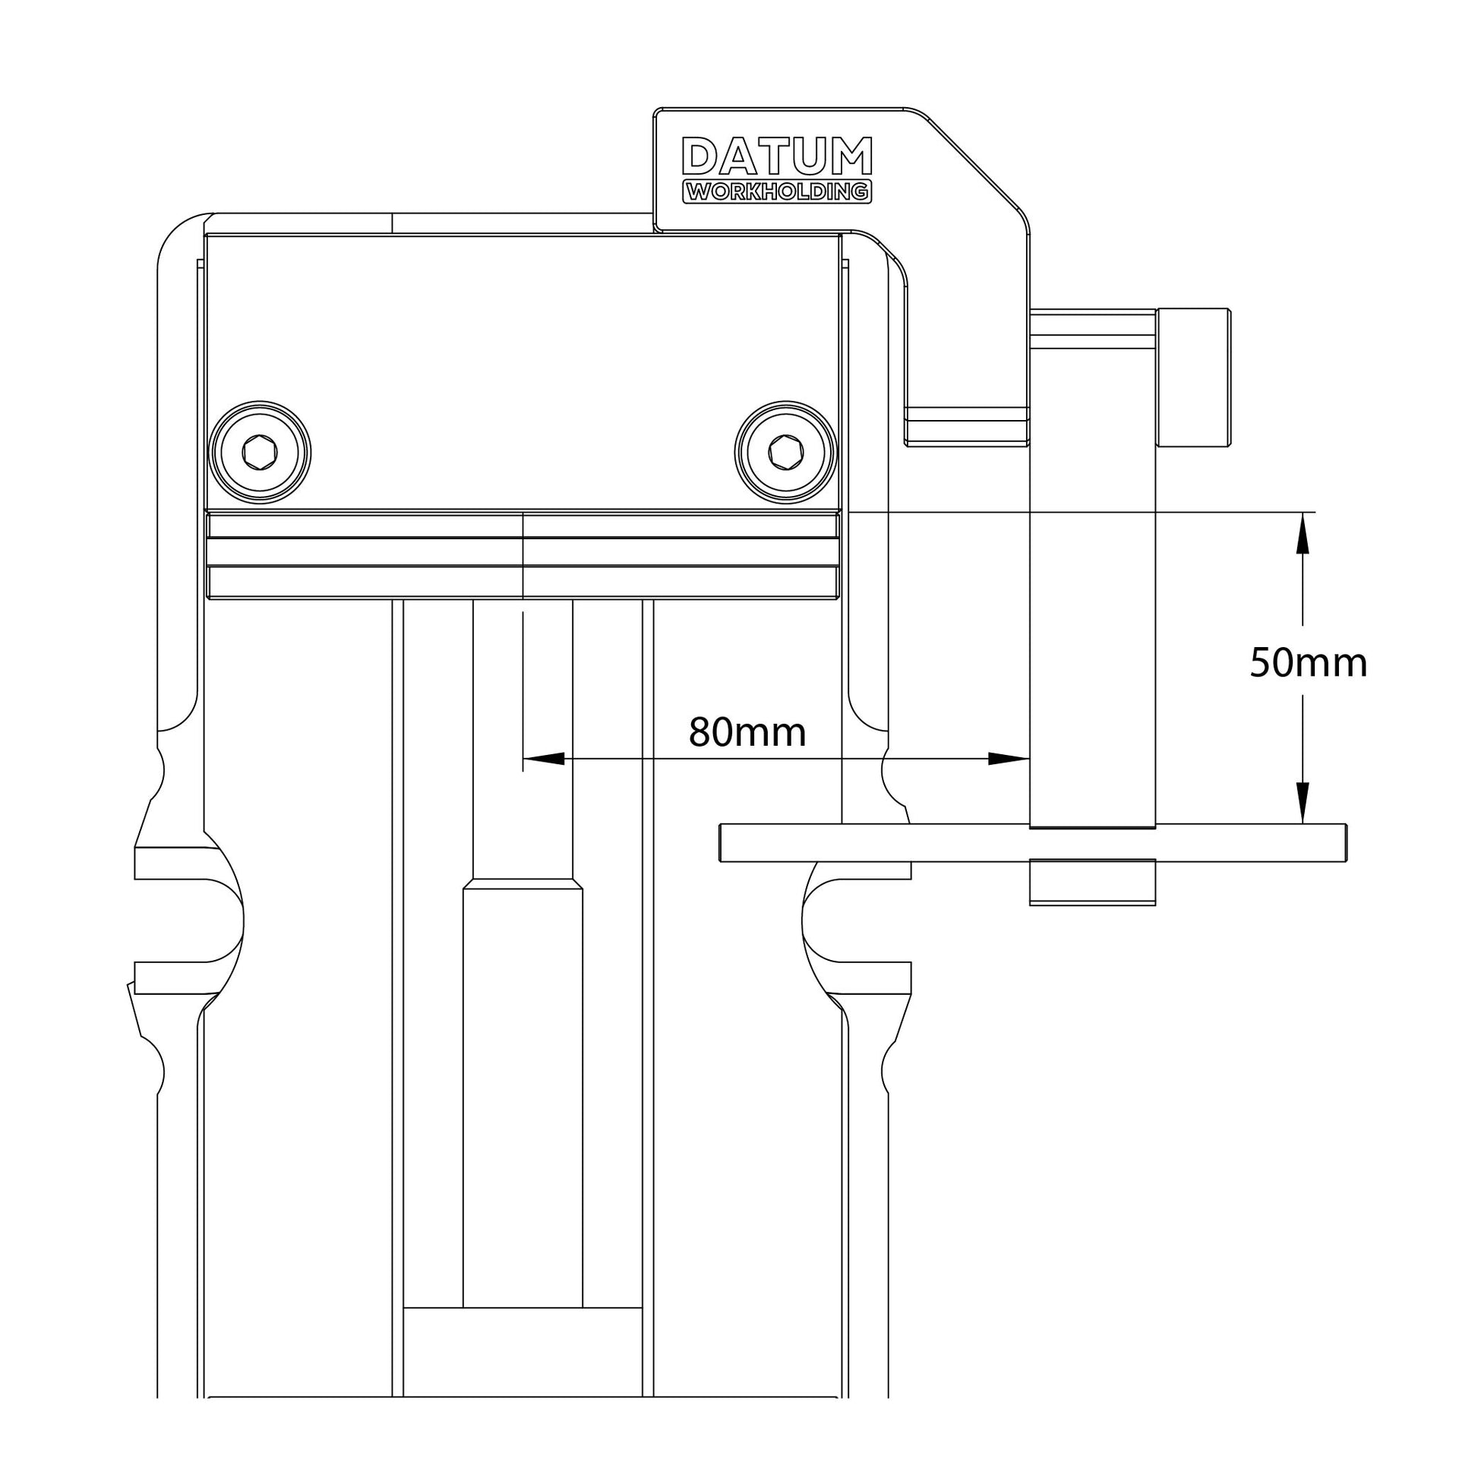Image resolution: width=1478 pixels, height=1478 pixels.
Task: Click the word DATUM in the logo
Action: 777,156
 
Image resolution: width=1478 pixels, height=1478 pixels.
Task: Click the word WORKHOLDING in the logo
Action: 777,192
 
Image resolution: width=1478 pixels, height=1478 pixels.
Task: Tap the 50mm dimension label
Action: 1309,663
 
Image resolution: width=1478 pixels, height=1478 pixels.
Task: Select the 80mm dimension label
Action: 747,733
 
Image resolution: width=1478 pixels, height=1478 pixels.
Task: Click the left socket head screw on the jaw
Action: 259,452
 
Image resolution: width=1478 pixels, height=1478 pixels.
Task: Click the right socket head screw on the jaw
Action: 785,452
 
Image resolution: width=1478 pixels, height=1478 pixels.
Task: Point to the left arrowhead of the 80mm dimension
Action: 544,759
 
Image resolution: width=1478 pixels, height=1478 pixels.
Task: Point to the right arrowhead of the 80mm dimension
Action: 1009,759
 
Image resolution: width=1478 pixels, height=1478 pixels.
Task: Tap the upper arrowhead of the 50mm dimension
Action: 1303,532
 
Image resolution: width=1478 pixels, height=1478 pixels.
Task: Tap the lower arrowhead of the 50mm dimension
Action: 1303,803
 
